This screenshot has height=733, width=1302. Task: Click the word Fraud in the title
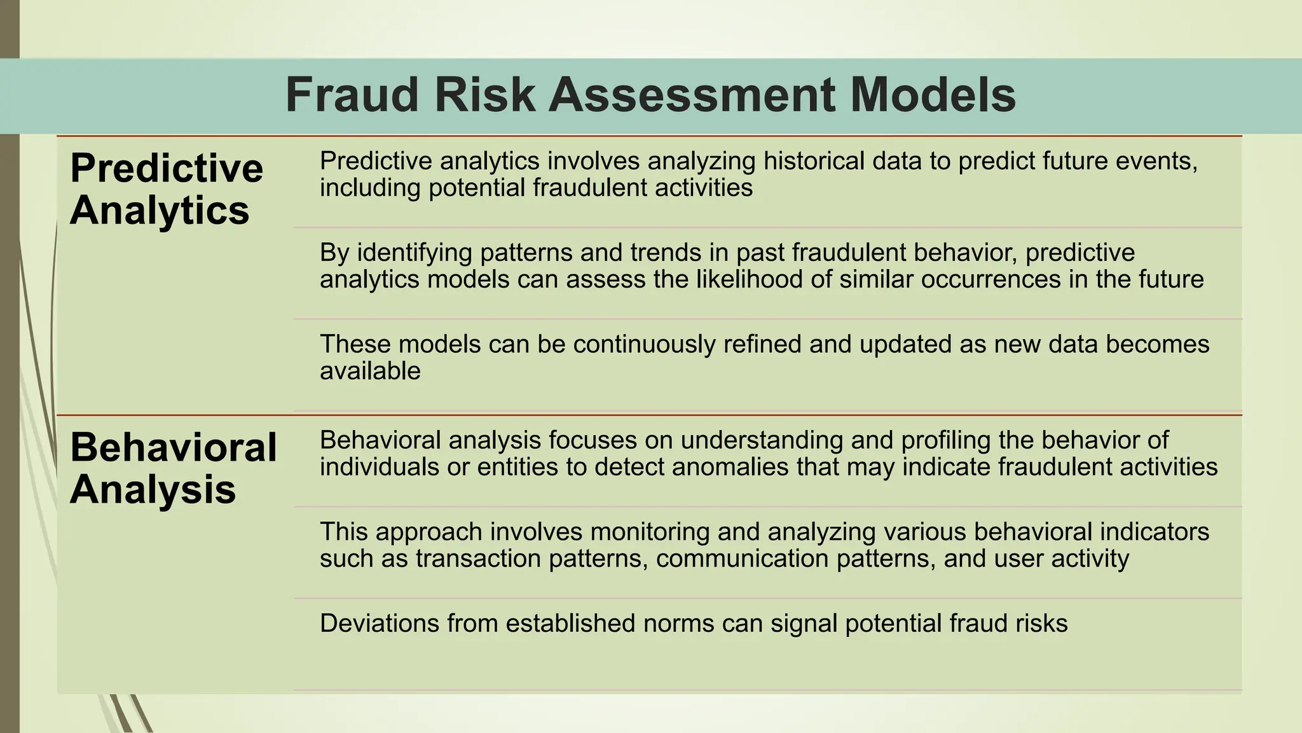point(352,95)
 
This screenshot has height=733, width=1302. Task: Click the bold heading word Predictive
point(167,169)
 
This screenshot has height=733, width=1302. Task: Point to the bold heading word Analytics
point(160,211)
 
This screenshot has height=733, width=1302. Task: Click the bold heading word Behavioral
point(174,447)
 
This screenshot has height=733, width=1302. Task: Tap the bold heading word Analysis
point(153,490)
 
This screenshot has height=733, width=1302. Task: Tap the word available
point(370,371)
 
